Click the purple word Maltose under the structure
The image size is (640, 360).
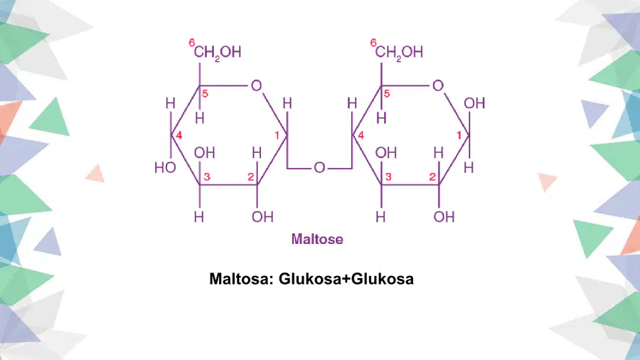317,239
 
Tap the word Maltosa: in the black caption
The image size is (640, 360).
241,279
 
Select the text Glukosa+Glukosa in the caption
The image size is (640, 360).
346,279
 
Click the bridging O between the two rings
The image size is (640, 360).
319,168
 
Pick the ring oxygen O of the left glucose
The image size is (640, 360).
256,85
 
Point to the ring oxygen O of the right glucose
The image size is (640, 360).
438,85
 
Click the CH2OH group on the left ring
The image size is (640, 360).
218,52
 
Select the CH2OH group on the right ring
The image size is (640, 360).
399,52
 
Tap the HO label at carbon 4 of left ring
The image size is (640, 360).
165,168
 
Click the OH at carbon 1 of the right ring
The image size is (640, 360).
474,103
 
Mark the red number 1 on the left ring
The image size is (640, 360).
277,135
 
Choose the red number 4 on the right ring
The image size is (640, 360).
361,135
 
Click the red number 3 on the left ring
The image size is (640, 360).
207,176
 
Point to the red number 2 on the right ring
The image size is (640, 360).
432,176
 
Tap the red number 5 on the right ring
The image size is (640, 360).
387,93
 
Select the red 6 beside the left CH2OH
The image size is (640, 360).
192,43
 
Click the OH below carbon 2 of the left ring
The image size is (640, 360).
262,217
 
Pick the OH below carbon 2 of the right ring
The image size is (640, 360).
444,217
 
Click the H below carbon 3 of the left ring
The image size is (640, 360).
199,217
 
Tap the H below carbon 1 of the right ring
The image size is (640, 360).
469,168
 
